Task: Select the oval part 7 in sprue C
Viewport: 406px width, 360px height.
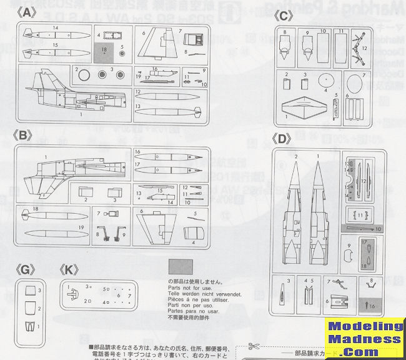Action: [354, 81]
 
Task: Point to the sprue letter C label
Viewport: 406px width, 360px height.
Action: [284, 15]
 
